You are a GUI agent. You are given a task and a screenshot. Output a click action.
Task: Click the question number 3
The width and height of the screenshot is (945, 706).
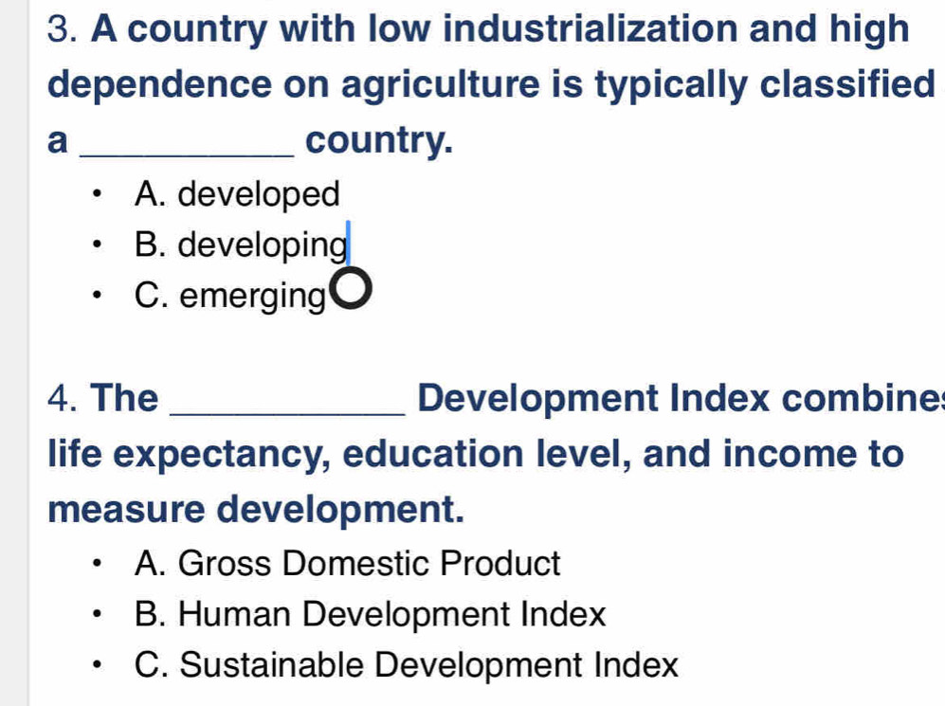pos(62,29)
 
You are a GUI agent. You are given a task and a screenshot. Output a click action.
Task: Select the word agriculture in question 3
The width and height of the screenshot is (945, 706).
pos(441,85)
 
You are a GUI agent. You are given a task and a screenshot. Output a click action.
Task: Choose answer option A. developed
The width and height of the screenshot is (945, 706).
pos(238,194)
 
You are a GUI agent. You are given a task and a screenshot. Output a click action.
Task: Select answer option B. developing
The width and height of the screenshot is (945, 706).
pos(241,245)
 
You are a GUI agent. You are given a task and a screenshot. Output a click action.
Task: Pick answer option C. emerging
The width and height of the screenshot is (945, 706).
pos(229,296)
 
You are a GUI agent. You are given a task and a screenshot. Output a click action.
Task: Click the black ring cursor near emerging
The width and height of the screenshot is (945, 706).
pos(350,289)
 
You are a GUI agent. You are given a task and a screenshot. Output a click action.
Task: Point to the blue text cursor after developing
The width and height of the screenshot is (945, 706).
pos(348,243)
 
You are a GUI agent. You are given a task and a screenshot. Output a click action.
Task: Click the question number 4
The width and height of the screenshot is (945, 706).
pos(62,398)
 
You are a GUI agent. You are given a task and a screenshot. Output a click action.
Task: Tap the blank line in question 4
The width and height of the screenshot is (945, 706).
pos(288,413)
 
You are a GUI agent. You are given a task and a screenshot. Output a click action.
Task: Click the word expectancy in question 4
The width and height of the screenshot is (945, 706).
pos(222,456)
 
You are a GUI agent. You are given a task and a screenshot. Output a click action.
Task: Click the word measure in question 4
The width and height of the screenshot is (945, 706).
pos(127,510)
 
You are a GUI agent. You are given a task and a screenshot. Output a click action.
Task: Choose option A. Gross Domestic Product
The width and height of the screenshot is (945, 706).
pos(348,564)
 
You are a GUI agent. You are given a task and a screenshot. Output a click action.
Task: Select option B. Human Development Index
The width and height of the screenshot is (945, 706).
pos(370,614)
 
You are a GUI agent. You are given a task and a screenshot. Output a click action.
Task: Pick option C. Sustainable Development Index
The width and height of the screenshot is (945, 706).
pos(407,665)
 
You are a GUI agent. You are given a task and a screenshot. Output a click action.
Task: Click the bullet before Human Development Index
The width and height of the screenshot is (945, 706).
pos(95,614)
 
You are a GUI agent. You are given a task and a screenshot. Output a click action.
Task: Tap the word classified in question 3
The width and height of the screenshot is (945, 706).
pos(846,84)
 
